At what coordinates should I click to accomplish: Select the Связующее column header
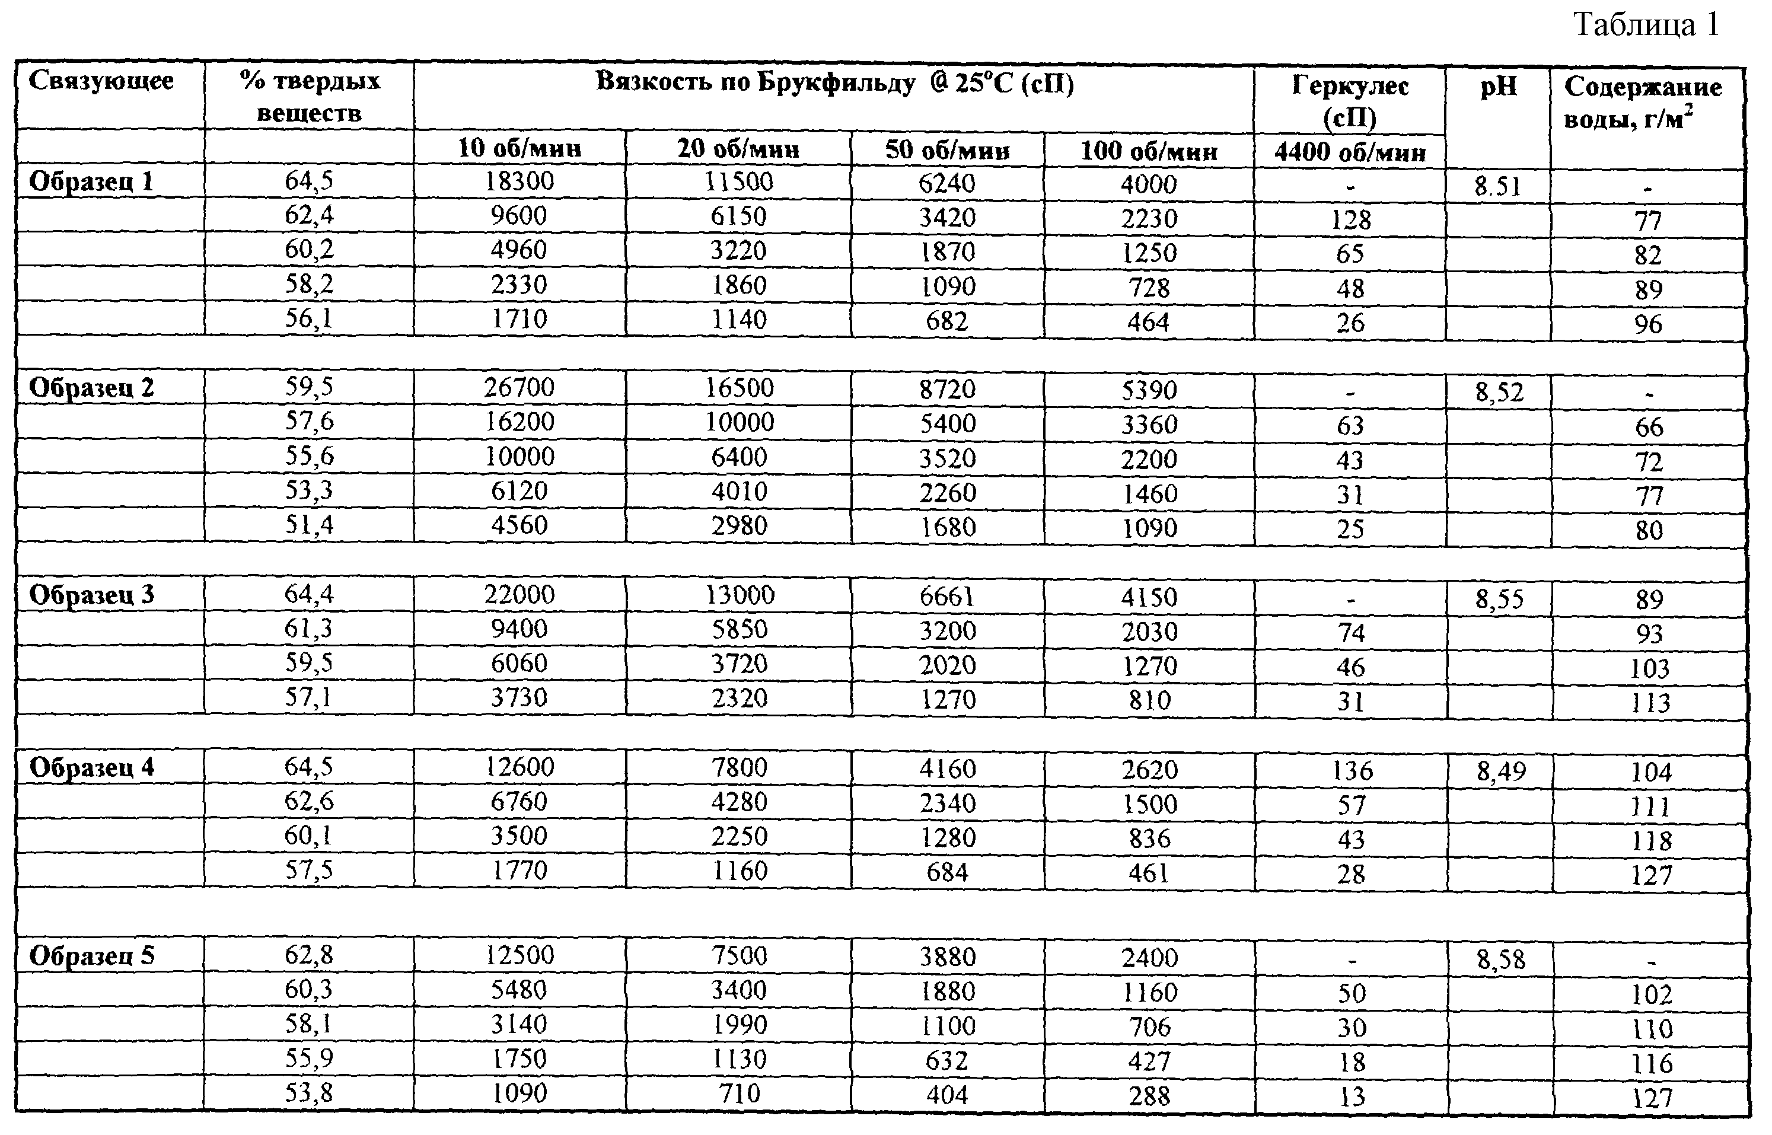(101, 81)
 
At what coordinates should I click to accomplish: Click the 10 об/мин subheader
(520, 148)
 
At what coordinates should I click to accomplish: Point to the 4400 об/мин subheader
(1350, 152)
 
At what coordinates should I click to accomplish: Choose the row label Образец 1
(91, 182)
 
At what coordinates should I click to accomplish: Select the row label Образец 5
(92, 956)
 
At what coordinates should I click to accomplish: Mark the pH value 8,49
(1502, 771)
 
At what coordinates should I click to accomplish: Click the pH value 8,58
(1502, 959)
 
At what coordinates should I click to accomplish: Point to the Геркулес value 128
(1350, 219)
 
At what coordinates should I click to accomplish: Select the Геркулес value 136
(1352, 771)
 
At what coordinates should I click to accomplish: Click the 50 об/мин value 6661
(947, 596)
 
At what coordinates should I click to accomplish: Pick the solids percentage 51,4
(309, 525)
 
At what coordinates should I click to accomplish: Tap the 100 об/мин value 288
(1150, 1096)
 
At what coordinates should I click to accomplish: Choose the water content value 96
(1648, 324)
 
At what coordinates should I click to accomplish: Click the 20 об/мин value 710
(740, 1093)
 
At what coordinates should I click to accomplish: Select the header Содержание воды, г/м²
(1643, 102)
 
